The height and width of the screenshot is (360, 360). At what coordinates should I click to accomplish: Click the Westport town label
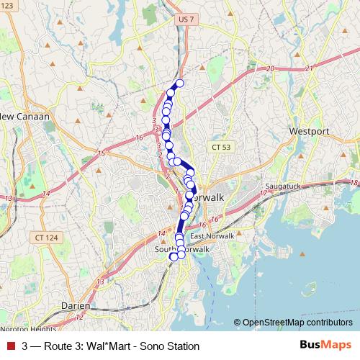click(x=309, y=132)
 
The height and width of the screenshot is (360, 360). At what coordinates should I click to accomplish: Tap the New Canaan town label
click(x=24, y=117)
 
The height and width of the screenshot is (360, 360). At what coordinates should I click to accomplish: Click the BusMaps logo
click(x=328, y=346)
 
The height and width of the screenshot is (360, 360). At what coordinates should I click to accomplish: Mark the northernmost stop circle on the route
click(x=179, y=84)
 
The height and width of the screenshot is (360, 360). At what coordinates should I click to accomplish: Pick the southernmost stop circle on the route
click(x=173, y=256)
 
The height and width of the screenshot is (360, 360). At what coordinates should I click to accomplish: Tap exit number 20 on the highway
click(x=270, y=68)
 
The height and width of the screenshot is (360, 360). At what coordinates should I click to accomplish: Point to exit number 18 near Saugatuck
click(x=353, y=184)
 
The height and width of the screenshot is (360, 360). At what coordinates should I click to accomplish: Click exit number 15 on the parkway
click(x=102, y=153)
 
